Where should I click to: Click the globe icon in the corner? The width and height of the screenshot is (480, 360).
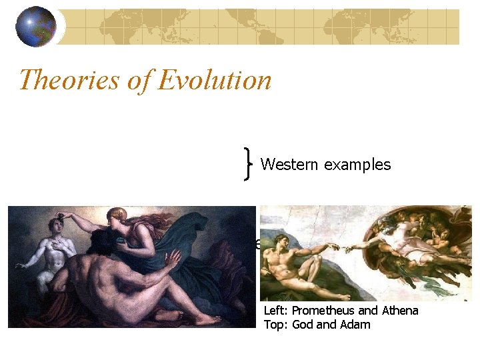pyautogui.click(x=36, y=27)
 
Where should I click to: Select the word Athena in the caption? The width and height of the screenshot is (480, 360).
pyautogui.click(x=399, y=311)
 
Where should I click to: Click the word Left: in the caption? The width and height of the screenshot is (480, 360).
pyautogui.click(x=276, y=311)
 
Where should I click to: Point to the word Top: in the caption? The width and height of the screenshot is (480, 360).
pyautogui.click(x=276, y=325)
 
